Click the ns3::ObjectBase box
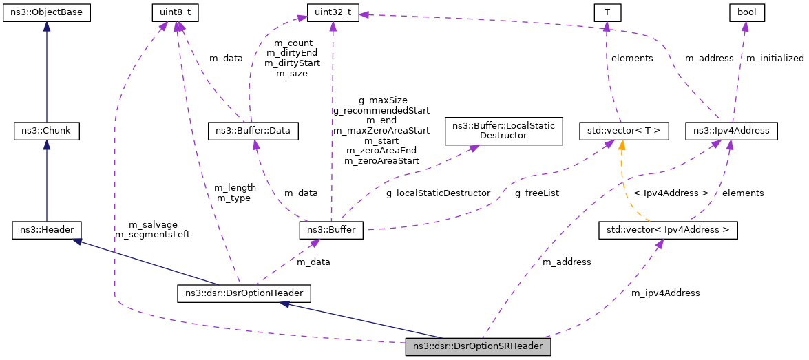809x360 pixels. [46, 12]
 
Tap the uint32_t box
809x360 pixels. [333, 12]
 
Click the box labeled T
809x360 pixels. [607, 12]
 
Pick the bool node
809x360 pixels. [746, 12]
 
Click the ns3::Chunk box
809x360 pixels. [46, 130]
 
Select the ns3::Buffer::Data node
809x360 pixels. [253, 130]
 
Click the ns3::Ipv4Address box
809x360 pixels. [732, 130]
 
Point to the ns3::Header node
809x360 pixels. [46, 230]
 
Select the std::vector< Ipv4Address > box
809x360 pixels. [668, 230]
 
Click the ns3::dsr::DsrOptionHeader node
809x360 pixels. [244, 293]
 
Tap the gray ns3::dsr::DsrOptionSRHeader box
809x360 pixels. [479, 347]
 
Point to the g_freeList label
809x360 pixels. [537, 193]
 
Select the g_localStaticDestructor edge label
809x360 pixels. [438, 193]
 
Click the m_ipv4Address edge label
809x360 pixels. [665, 293]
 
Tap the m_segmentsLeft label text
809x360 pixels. [152, 235]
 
